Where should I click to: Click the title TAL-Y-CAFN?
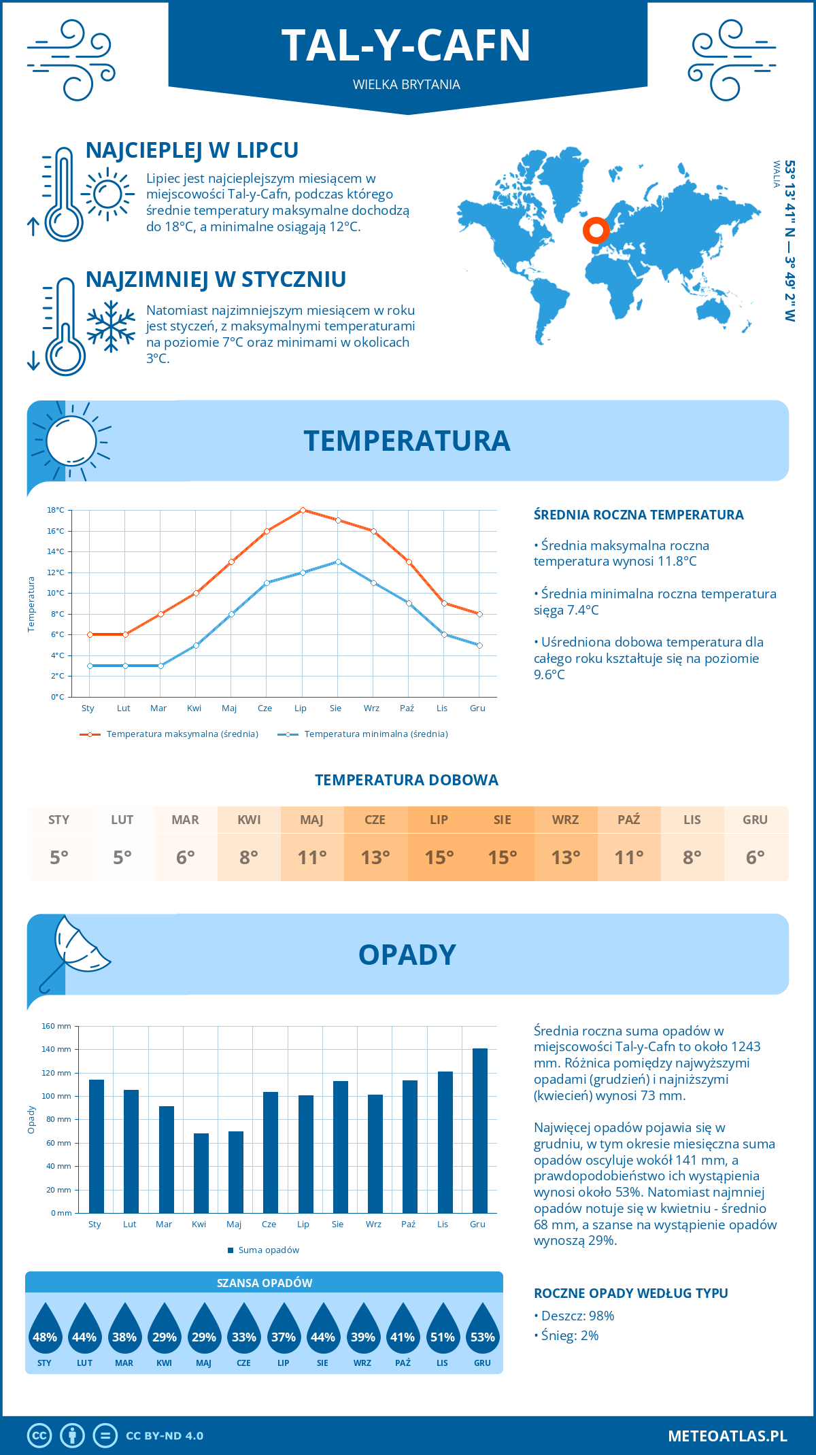tap(406, 46)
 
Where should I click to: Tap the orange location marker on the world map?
tap(596, 231)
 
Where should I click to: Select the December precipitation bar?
tap(479, 1130)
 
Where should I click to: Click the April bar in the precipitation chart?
tap(201, 1173)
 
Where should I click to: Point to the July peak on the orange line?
tap(303, 510)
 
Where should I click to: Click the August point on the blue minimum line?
tap(338, 562)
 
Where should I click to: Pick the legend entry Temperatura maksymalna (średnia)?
tap(182, 734)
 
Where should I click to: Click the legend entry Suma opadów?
tap(268, 1250)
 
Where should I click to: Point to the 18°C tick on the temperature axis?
tap(56, 510)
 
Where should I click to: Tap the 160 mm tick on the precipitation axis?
tap(57, 1026)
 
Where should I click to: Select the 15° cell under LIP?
tap(439, 857)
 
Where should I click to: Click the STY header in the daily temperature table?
tap(59, 820)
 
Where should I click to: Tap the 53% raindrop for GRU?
tap(482, 1331)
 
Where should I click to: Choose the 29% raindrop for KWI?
tap(164, 1331)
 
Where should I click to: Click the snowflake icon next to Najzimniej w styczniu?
tap(111, 327)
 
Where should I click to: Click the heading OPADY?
tap(407, 955)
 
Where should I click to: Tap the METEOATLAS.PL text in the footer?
tap(727, 1436)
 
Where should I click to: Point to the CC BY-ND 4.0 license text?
tap(165, 1436)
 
